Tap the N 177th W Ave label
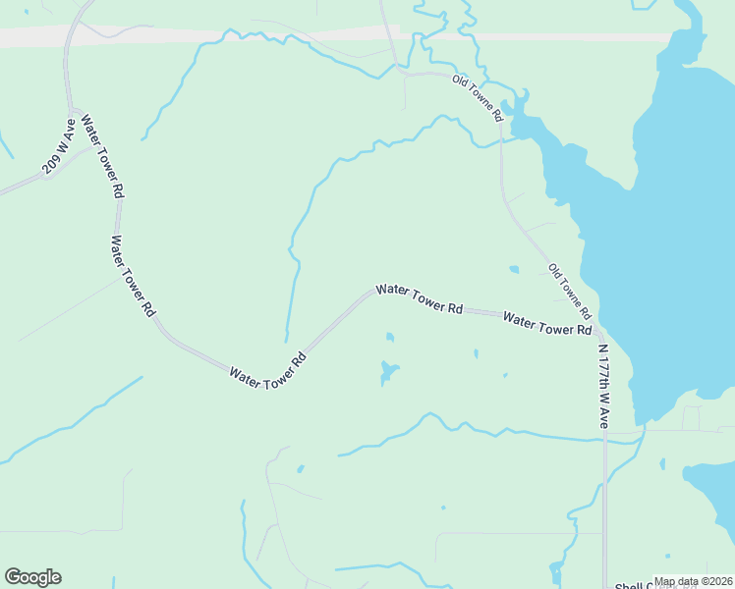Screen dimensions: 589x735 (x=602, y=385)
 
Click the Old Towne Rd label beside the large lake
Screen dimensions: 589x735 (x=570, y=292)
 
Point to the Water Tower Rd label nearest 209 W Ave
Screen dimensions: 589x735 (x=101, y=157)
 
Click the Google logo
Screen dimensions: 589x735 (x=32, y=577)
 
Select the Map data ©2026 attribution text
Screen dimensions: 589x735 (x=693, y=581)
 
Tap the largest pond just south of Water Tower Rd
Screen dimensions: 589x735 (x=387, y=372)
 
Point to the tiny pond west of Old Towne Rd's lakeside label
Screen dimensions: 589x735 (x=514, y=269)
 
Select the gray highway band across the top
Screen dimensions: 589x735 (x=197, y=36)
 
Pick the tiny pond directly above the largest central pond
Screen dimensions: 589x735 (x=390, y=338)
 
